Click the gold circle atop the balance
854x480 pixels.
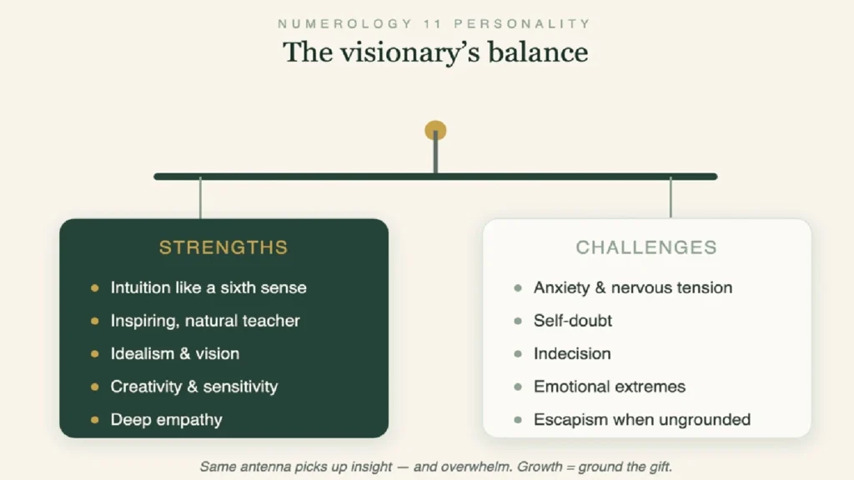click(x=435, y=131)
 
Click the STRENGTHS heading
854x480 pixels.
click(x=224, y=247)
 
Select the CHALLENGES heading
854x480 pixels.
click(x=646, y=247)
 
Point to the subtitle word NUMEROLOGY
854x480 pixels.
click(x=345, y=24)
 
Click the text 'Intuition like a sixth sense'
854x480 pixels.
click(x=208, y=287)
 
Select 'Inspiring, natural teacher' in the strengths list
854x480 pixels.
click(x=205, y=321)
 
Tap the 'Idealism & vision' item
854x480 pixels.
click(x=175, y=353)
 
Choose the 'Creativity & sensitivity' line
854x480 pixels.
click(x=193, y=387)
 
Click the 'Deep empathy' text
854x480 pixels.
click(x=166, y=420)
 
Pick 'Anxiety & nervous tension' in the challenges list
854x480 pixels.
click(x=633, y=287)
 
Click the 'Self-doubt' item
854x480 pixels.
click(x=573, y=321)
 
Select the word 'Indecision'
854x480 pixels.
click(x=572, y=353)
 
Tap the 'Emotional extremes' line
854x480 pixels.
click(x=610, y=387)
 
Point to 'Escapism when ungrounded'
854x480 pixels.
click(x=642, y=420)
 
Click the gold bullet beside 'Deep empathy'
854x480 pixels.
click(x=95, y=420)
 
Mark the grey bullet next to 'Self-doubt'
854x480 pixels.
click(x=517, y=321)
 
